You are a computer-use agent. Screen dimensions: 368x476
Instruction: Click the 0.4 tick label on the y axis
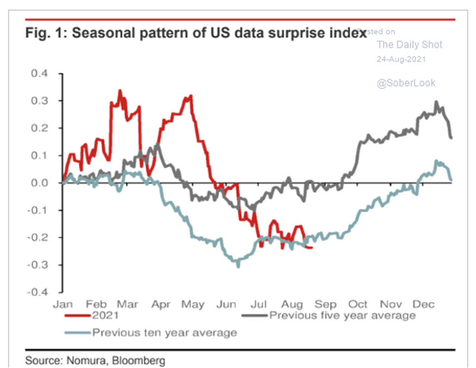[x=43, y=73]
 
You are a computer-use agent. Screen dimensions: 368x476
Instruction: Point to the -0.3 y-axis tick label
[x=41, y=265]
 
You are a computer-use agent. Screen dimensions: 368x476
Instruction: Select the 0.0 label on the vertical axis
[x=43, y=183]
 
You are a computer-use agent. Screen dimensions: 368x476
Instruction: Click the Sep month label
[x=325, y=304]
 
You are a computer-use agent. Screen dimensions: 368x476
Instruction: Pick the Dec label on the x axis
[x=424, y=304]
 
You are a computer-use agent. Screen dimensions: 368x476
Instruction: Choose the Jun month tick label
[x=226, y=304]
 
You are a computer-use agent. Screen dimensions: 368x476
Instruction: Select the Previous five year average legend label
[x=342, y=316]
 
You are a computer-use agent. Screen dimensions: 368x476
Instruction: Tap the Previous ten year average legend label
[x=165, y=332]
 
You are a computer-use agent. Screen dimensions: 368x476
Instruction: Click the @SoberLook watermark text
[x=406, y=83]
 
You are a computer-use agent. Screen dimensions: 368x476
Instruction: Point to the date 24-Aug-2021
[x=401, y=59]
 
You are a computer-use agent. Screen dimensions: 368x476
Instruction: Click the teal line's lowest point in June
[x=237, y=267]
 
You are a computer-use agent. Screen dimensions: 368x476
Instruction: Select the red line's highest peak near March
[x=120, y=91]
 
